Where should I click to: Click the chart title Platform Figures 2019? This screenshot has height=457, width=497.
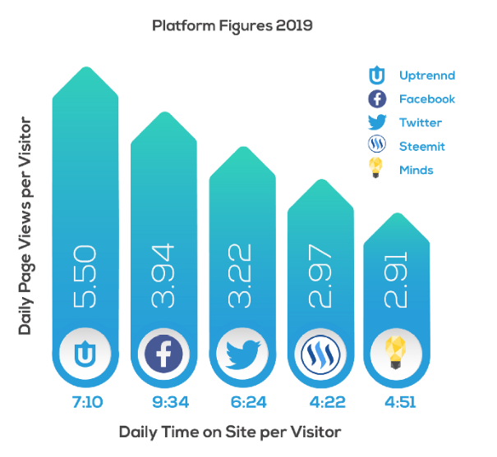click(x=232, y=26)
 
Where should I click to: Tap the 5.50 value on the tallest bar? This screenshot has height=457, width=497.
click(x=85, y=275)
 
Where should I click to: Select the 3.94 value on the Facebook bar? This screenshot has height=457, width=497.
click(x=163, y=276)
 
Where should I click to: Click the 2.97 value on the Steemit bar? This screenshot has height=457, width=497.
click(x=318, y=284)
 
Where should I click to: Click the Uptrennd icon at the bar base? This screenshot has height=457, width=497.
click(x=85, y=354)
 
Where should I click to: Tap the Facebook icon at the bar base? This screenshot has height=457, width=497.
click(x=163, y=354)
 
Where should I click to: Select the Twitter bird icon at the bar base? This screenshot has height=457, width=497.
click(x=241, y=355)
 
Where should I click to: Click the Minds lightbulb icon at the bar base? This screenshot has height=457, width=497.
click(x=396, y=355)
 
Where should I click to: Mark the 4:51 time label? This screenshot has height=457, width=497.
click(x=396, y=402)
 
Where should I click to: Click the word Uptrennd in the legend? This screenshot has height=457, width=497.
click(x=426, y=75)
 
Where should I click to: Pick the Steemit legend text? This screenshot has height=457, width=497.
click(x=421, y=146)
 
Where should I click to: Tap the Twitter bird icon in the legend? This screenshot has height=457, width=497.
click(x=377, y=122)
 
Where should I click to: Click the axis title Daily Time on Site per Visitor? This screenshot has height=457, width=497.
click(x=229, y=432)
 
